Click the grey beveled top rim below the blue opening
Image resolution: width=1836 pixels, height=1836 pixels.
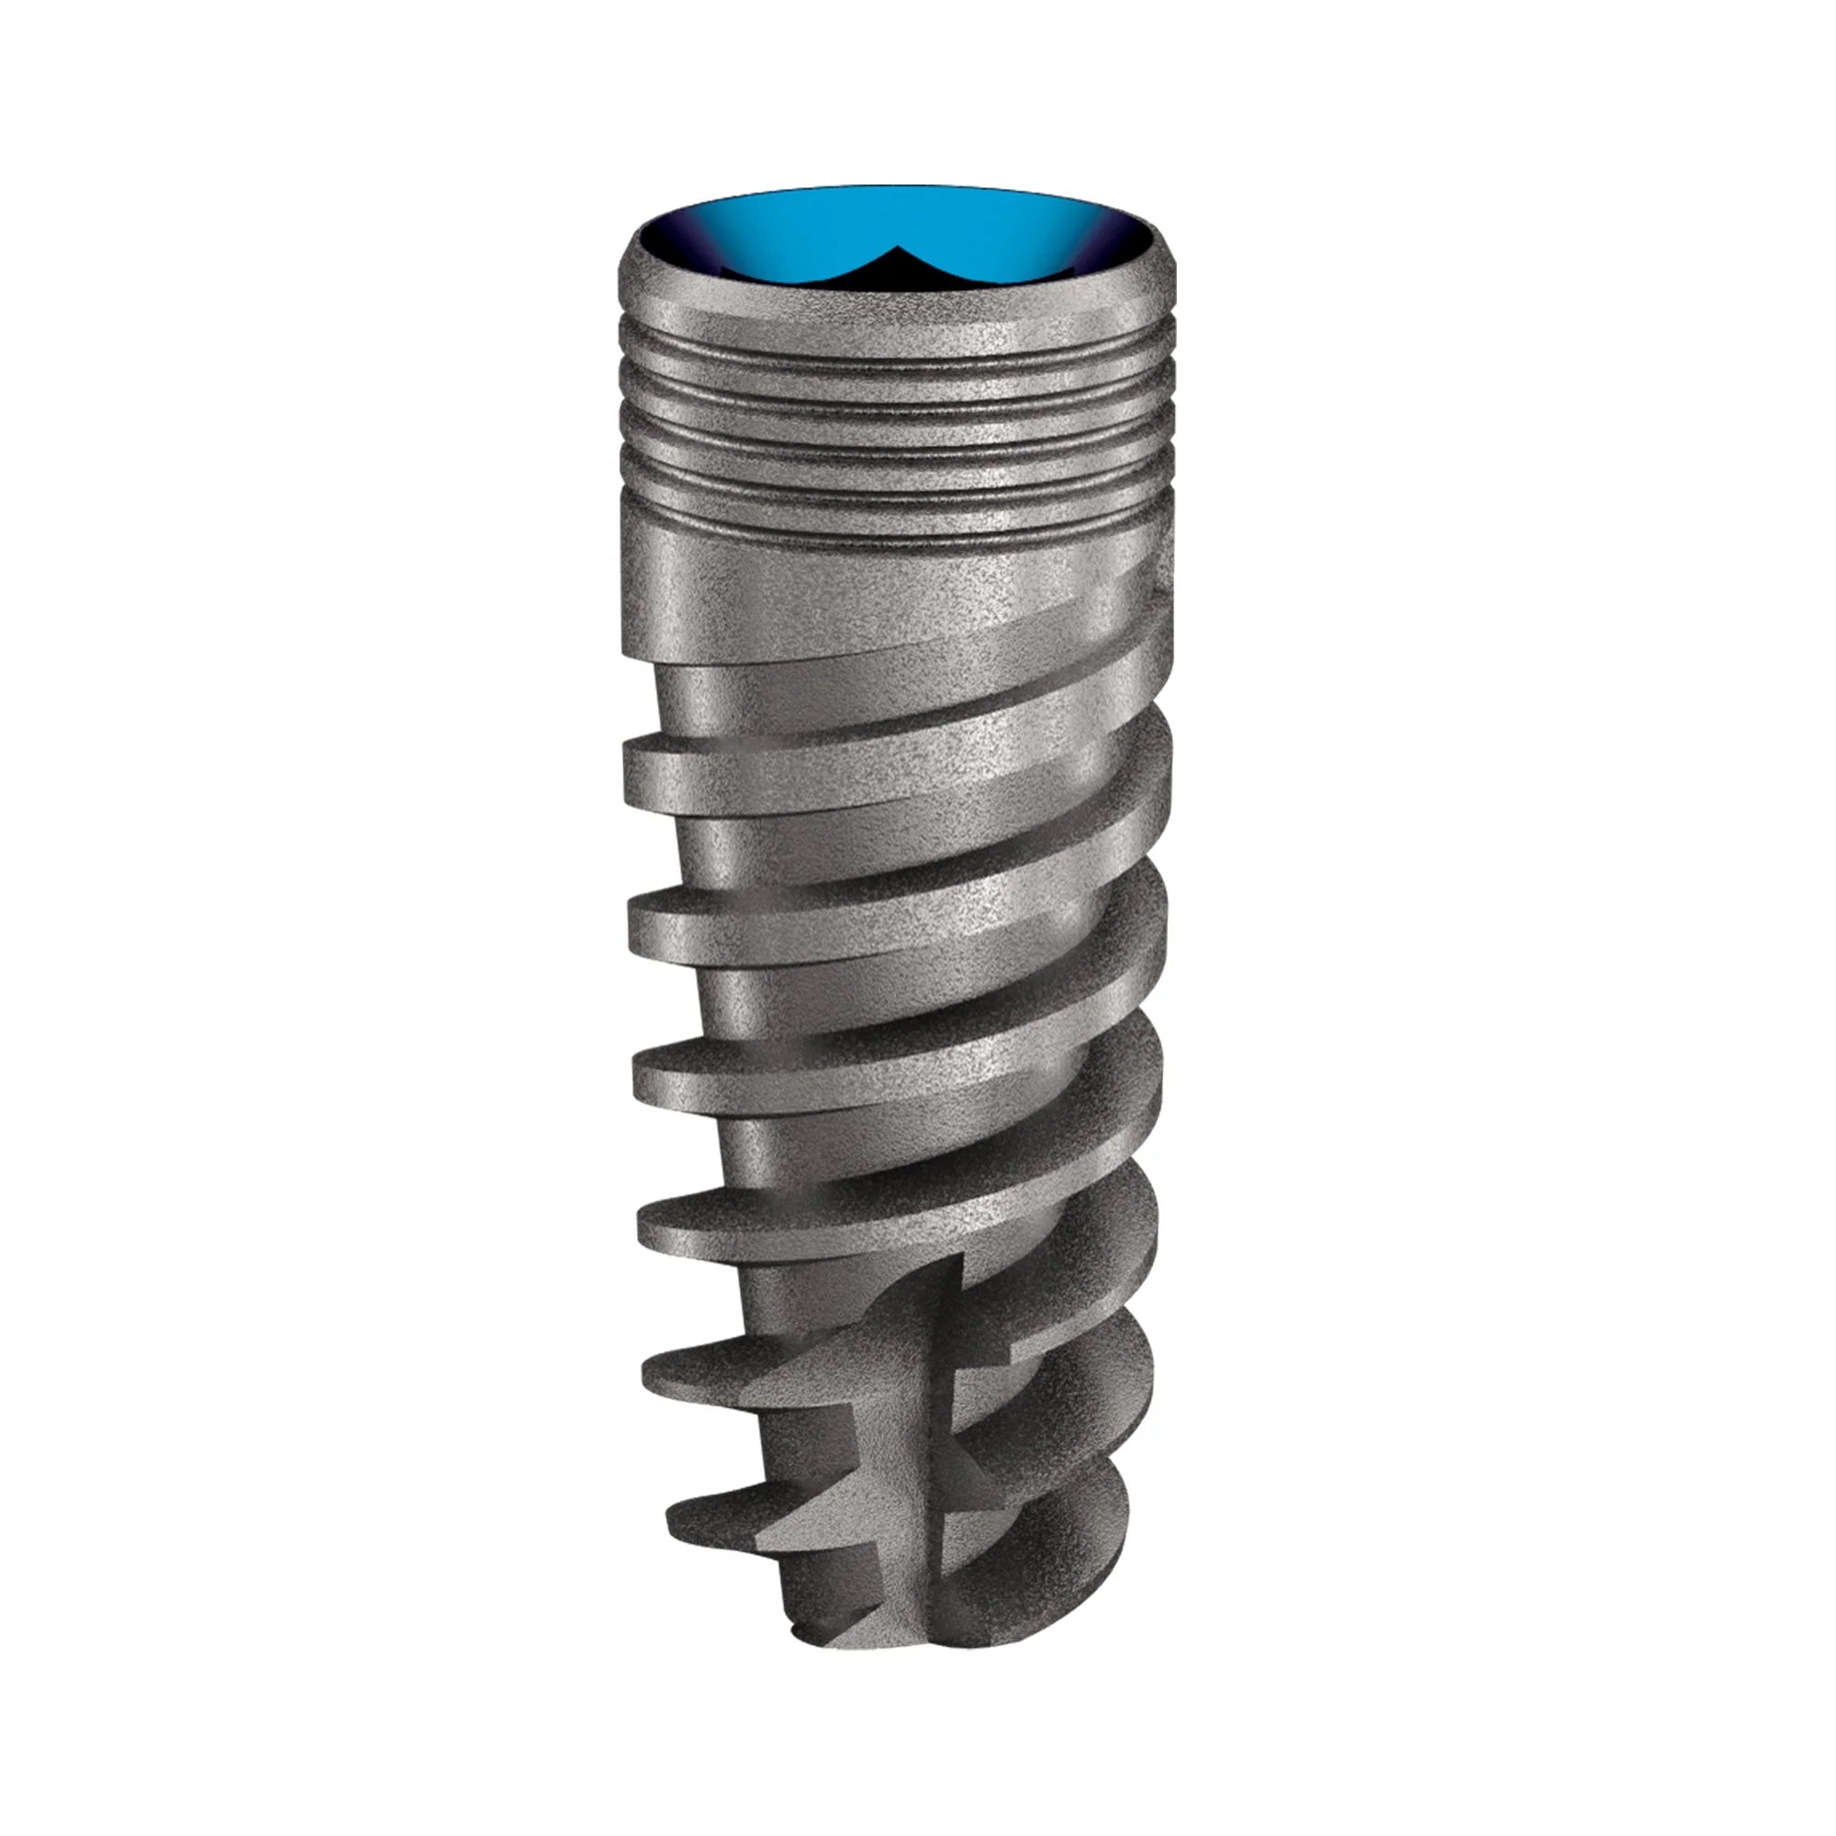[893, 299]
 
